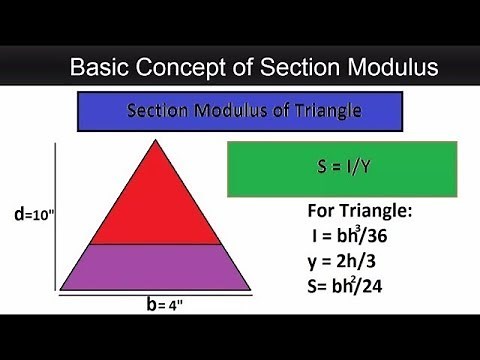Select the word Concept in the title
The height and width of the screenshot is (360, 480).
click(x=183, y=68)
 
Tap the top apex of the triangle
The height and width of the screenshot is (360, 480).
click(x=155, y=141)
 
